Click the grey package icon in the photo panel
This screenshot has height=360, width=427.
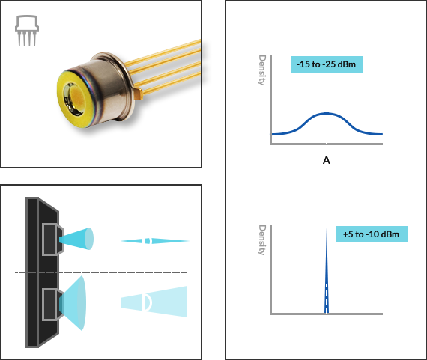(27, 31)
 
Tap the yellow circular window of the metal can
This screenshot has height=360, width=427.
(75, 97)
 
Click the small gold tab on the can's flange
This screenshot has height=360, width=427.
(138, 93)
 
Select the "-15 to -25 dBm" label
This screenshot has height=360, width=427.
(327, 64)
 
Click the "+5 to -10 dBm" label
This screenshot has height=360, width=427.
(372, 234)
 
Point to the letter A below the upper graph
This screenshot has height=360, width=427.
(326, 161)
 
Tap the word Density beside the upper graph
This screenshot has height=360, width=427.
(262, 70)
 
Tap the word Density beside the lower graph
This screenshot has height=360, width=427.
(262, 240)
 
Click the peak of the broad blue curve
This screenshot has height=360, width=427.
(327, 113)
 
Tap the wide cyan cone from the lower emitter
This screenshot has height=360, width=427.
(73, 303)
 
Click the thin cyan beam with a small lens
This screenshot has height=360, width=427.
(154, 241)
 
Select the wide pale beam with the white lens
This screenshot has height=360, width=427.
(154, 302)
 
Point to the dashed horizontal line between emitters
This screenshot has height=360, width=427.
(101, 272)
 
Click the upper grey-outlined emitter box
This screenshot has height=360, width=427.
(52, 240)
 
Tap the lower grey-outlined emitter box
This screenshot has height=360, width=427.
(52, 305)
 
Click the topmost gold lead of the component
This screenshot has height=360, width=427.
(163, 52)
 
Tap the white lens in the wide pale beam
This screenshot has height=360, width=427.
(148, 302)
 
